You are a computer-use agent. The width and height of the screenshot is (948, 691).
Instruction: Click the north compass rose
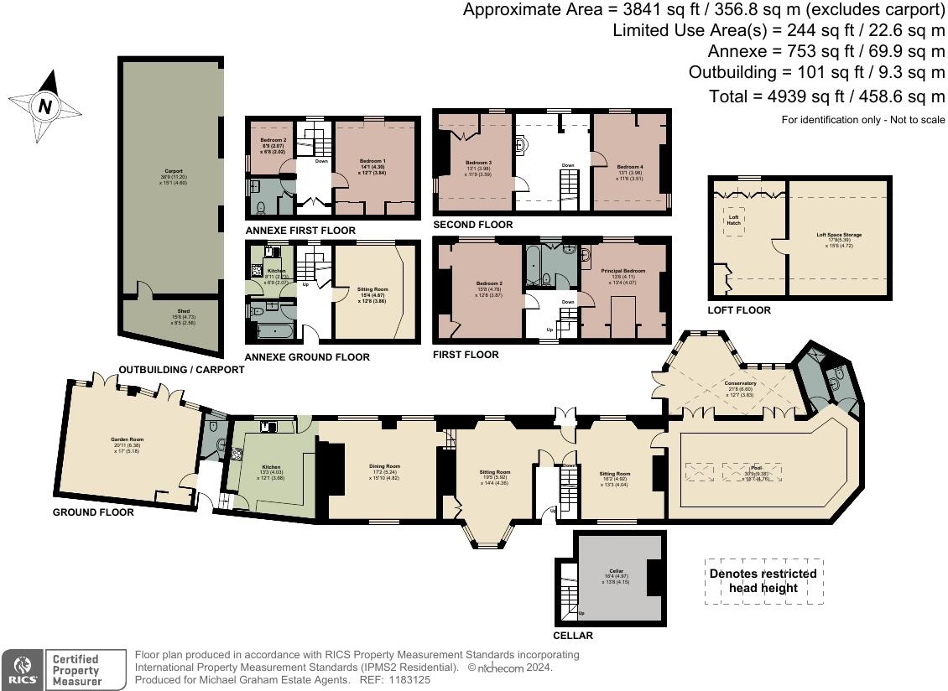point(44,107)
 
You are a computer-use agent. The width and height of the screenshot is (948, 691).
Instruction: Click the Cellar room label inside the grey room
point(615,570)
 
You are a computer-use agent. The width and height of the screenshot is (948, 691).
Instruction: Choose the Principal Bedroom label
point(622,271)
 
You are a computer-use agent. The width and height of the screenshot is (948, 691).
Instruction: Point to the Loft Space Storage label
point(839,235)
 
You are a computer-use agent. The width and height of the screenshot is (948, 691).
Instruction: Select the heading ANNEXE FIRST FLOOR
point(300,231)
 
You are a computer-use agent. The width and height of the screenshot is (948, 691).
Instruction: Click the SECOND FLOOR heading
point(472,225)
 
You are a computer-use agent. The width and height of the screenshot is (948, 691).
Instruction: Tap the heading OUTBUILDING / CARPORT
point(181,370)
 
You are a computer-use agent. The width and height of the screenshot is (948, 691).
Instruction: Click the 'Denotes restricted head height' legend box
point(763,580)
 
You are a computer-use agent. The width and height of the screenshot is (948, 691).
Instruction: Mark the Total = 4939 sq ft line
point(826,96)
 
